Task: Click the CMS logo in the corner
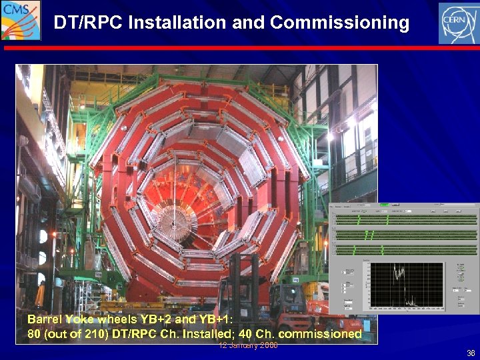20,20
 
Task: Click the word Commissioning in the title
340,23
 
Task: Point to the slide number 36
471,353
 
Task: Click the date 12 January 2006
248,345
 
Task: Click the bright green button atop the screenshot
385,205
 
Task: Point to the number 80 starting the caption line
33,333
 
